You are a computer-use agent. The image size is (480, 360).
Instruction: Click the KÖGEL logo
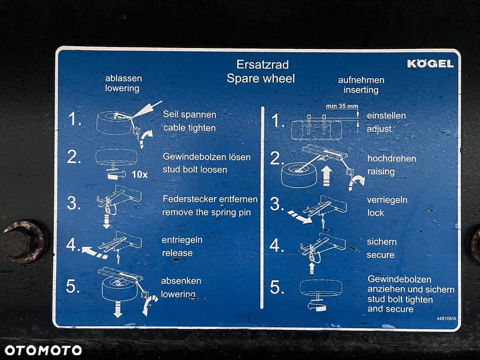click(431, 63)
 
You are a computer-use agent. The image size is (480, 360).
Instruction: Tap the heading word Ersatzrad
click(263, 64)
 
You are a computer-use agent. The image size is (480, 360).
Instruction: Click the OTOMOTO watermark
click(43, 350)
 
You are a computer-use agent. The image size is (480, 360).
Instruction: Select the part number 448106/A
click(446, 318)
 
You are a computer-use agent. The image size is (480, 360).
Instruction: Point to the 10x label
click(140, 175)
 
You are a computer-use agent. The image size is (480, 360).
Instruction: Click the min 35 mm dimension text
click(342, 106)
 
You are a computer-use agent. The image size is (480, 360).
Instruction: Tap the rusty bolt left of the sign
click(24, 242)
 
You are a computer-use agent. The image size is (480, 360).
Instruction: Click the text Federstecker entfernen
click(210, 199)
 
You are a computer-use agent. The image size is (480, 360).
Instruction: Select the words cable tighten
click(190, 128)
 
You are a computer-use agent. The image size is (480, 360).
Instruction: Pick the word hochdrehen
click(392, 158)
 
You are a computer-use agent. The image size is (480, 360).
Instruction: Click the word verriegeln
click(387, 200)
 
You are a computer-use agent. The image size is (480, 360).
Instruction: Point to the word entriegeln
click(182, 240)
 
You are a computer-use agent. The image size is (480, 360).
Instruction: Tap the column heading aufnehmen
click(361, 80)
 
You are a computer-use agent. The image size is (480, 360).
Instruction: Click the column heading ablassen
click(123, 78)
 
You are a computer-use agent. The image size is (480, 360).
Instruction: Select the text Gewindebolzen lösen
click(206, 157)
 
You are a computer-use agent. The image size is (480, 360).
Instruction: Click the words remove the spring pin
click(206, 213)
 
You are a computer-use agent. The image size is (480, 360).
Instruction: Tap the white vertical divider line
click(263, 207)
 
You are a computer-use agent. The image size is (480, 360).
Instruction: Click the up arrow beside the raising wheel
click(327, 176)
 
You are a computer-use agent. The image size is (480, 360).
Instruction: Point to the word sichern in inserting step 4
click(382, 242)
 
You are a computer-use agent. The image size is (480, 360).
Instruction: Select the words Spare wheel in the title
click(261, 78)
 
